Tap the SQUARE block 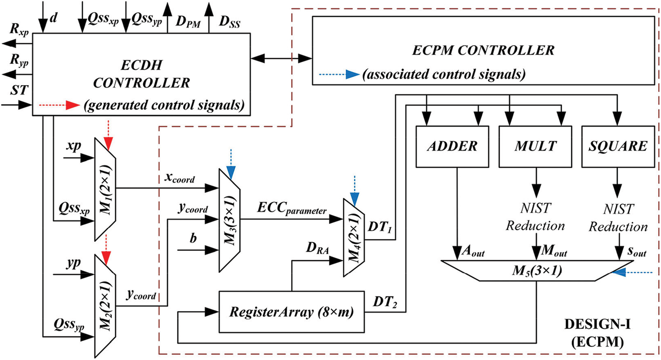[618, 146]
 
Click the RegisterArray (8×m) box [292, 312]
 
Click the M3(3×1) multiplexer [230, 220]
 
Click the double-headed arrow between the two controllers [281, 58]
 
